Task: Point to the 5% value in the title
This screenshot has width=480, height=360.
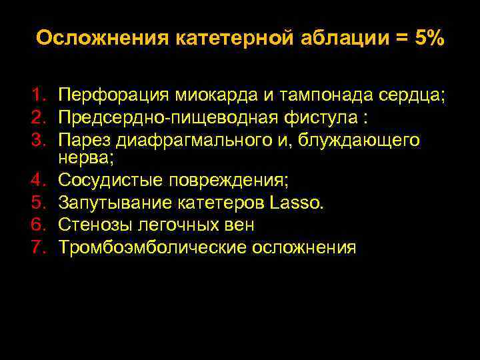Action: pyautogui.click(x=426, y=38)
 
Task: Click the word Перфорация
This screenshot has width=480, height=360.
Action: pyautogui.click(x=110, y=95)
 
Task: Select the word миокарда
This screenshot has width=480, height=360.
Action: pyautogui.click(x=213, y=95)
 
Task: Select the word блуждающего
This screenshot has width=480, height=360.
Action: pyautogui.click(x=364, y=141)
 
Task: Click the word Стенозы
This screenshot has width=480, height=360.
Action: pyautogui.click(x=92, y=225)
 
